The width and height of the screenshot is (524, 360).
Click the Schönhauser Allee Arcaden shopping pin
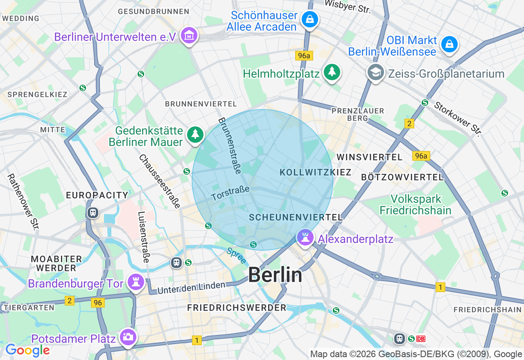[x=310, y=19]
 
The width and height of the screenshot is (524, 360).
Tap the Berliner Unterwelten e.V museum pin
[x=189, y=36]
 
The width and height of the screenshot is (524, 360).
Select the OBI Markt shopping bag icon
[x=449, y=44]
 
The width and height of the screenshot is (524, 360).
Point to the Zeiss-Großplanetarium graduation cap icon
[x=375, y=73]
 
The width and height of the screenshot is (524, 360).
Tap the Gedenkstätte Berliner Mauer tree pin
[x=195, y=135]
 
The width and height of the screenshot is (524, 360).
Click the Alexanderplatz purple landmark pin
[x=305, y=238]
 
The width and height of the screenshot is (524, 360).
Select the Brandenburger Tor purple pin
[x=135, y=282]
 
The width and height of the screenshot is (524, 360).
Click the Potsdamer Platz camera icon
[x=128, y=337]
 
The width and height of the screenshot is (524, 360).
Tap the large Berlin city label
[x=275, y=275]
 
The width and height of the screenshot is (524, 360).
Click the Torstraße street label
[x=230, y=193]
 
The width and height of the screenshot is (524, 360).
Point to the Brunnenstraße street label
[x=230, y=146]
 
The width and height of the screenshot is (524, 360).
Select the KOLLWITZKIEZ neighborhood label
[x=316, y=172]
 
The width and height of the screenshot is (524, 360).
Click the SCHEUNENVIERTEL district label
[x=296, y=217]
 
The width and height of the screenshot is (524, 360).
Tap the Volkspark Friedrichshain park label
[x=416, y=205]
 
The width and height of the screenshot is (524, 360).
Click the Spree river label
[x=237, y=256]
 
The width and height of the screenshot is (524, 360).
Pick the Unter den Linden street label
[x=192, y=288]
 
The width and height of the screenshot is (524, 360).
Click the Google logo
[x=27, y=350]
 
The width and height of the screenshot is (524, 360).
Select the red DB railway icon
[x=421, y=339]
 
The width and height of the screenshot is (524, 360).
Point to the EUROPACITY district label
[x=97, y=195]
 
